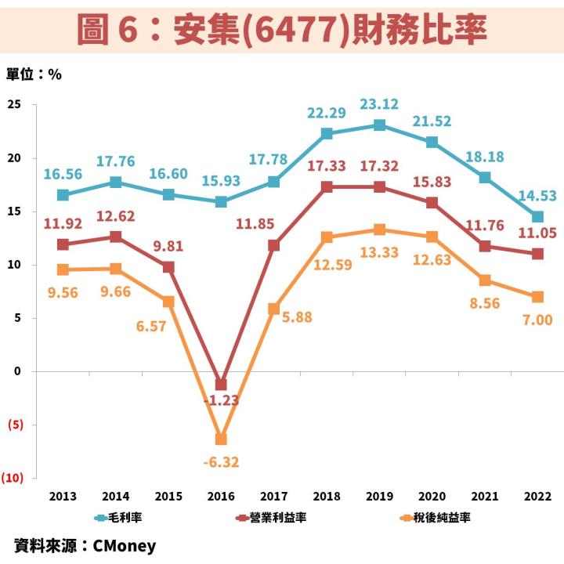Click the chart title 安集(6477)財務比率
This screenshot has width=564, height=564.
pos(282,30)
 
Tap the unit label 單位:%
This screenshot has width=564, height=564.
pos(34,74)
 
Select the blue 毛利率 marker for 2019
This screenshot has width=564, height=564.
pos(379,125)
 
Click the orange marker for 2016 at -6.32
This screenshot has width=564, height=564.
pos(221,439)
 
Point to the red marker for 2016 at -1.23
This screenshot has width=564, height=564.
pos(221,385)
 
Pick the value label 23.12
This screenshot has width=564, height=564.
pos(379,104)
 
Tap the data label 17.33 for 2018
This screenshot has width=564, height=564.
pos(327,167)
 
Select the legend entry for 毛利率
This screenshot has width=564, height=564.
pos(118,518)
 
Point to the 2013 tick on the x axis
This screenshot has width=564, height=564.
pos(63,497)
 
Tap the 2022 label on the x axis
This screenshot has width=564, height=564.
pos(537,497)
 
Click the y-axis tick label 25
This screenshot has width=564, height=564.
pos(15,104)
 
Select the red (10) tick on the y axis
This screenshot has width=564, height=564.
pos(16,478)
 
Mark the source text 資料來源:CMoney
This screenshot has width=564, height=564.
pos(85,545)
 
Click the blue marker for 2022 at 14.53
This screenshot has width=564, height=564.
pos(538,217)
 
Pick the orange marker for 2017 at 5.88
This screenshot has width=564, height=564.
pos(274,309)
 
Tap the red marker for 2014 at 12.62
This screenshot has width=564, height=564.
pos(116,237)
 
